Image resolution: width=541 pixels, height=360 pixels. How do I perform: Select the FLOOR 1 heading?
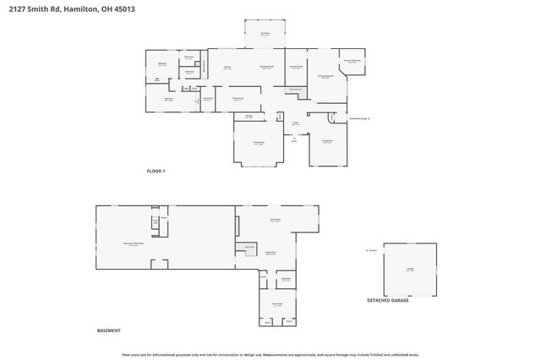[x=156, y=171]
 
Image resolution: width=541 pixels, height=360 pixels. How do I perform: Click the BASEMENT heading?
[x=108, y=330]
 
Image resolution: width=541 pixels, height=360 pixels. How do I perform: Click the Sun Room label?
[x=265, y=34]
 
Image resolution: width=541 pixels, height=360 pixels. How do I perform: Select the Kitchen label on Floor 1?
[x=227, y=67]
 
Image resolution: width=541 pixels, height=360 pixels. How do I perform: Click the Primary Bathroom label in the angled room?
[x=354, y=61]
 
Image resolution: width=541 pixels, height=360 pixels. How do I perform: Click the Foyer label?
[x=296, y=123]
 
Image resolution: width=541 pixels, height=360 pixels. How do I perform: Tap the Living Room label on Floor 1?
[x=326, y=141]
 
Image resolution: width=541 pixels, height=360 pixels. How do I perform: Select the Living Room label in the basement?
[x=275, y=220]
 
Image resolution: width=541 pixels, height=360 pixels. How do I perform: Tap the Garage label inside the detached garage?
[x=410, y=269]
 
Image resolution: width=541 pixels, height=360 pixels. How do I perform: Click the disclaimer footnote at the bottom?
[x=270, y=355]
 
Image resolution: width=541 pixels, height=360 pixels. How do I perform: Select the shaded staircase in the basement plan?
[x=249, y=247]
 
